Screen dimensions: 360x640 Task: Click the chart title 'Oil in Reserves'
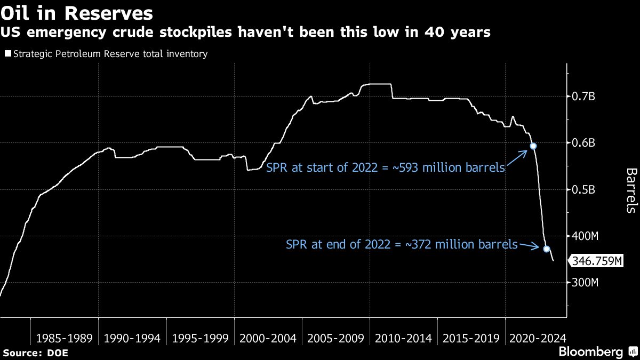click(x=77, y=13)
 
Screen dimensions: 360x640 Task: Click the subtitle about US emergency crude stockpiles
click(x=245, y=33)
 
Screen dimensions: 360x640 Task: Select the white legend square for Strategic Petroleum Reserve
click(x=7, y=54)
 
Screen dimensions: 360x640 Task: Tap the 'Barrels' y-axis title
click(x=630, y=191)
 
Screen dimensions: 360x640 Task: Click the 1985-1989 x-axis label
click(x=65, y=338)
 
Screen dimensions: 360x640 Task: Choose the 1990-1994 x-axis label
click(x=132, y=338)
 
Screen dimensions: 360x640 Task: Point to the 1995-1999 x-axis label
click(x=200, y=338)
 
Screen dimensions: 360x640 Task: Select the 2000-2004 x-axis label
click(x=268, y=338)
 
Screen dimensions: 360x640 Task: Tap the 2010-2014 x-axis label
click(x=403, y=338)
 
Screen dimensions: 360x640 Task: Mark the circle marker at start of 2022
click(x=533, y=146)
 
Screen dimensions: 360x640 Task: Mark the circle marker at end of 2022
click(x=546, y=249)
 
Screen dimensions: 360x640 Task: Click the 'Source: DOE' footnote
click(x=36, y=353)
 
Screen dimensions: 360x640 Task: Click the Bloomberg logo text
click(x=590, y=352)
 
